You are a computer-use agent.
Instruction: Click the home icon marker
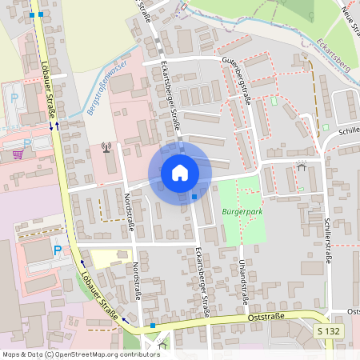[179, 173]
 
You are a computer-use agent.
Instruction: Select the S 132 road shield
[327, 330]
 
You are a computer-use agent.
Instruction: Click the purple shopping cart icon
[18, 154]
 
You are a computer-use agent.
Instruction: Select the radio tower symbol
[106, 147]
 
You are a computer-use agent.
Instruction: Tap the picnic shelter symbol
[301, 167]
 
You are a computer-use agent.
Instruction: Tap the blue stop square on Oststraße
[152, 326]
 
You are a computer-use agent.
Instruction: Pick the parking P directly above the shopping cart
[14, 100]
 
